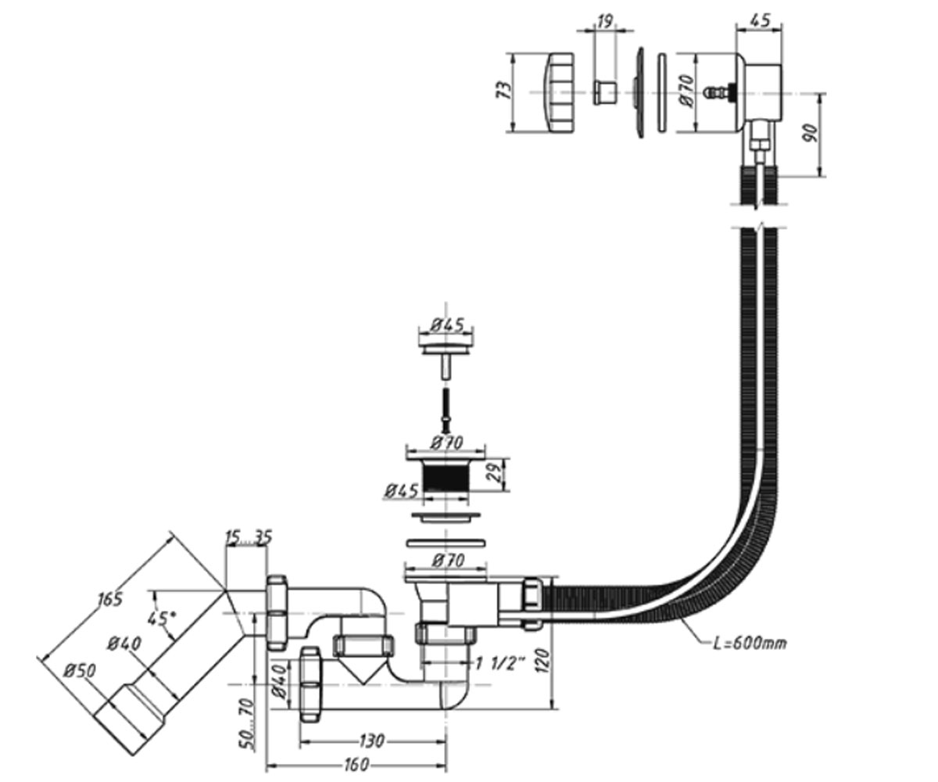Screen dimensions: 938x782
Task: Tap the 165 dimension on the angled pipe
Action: (109, 600)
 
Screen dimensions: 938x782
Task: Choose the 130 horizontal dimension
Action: (371, 741)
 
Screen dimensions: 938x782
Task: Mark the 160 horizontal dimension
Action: (357, 765)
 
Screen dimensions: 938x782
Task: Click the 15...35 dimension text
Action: (249, 537)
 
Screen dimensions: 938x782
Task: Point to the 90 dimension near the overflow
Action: (811, 134)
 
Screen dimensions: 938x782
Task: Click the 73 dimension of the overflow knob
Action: (505, 91)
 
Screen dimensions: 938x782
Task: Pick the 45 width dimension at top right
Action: (760, 20)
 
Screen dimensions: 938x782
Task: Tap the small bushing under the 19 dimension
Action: (605, 93)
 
